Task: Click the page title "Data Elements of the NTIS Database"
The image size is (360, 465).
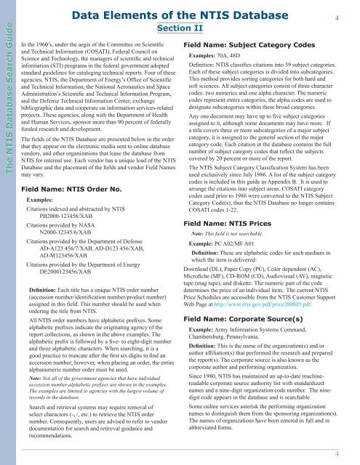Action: point(179,13)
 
